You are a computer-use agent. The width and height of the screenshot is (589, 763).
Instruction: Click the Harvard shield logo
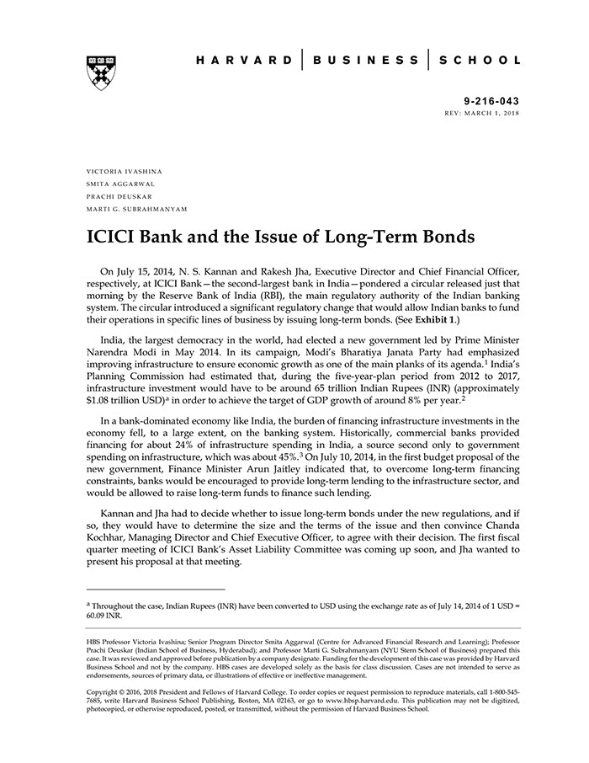click(100, 72)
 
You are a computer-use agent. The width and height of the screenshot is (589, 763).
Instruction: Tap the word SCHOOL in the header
click(482, 61)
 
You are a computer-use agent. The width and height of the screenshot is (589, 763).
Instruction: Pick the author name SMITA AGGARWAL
click(119, 183)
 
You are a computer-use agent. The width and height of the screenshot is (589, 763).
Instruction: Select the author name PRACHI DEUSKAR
click(119, 195)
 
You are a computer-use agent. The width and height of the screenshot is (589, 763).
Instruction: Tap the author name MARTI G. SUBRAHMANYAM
click(137, 208)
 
